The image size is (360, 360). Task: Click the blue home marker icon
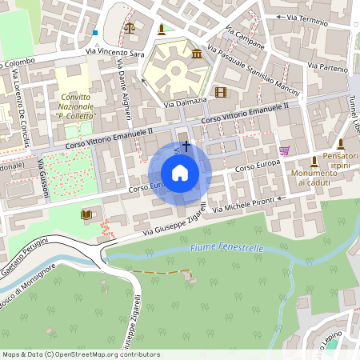point(180,173)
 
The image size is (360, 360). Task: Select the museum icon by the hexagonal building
point(197,54)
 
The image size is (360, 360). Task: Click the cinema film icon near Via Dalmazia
point(221,92)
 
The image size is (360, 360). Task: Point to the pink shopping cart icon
point(284,150)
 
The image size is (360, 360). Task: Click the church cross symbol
point(186,146)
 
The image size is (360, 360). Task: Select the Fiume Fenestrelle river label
point(226,249)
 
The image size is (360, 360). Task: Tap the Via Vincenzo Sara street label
point(116,51)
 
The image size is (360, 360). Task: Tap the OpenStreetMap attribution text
point(80,354)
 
